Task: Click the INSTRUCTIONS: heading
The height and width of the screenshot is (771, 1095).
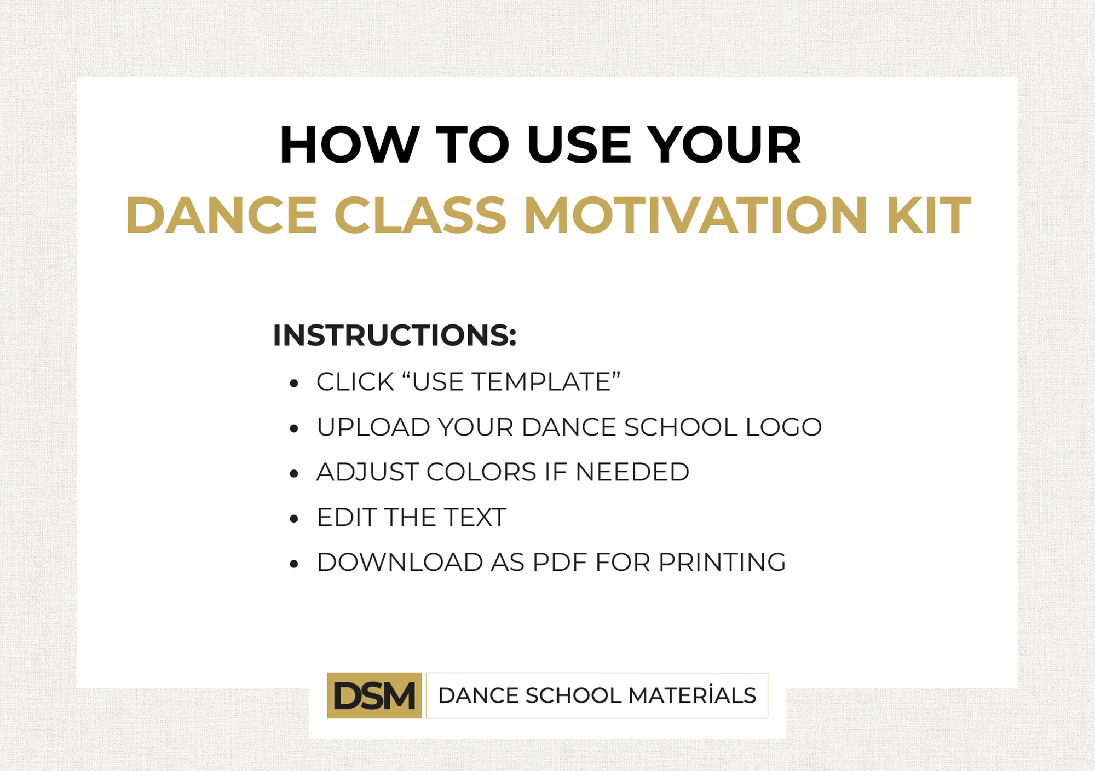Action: tap(395, 335)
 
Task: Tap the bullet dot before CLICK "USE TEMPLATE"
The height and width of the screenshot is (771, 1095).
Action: tap(294, 383)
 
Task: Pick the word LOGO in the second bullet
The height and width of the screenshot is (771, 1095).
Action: tap(783, 427)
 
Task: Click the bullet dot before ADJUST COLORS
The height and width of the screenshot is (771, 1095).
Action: tap(294, 473)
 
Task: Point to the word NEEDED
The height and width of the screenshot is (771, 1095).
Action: tap(632, 472)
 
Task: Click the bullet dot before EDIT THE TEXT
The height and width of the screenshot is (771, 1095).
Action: tap(294, 519)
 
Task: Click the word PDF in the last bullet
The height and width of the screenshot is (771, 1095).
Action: tap(560, 562)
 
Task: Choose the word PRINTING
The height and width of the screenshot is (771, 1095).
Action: tap(722, 562)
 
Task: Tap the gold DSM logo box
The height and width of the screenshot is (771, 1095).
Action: tap(374, 695)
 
